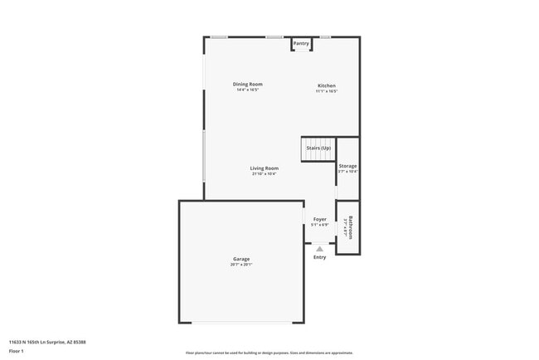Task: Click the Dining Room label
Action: [247, 85]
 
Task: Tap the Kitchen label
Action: [327, 85]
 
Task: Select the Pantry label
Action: [301, 43]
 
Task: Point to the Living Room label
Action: [264, 168]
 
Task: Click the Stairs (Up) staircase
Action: [318, 148]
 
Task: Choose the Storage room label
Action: [347, 166]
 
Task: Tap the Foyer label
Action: [319, 219]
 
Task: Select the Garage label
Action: [241, 260]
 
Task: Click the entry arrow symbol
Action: [319, 248]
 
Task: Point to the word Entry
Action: [319, 257]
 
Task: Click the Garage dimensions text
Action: [241, 265]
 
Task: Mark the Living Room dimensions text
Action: [264, 174]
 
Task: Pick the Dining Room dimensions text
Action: [247, 90]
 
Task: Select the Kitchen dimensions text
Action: [327, 91]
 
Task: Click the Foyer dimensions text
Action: [319, 225]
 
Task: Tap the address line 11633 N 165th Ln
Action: [47, 342]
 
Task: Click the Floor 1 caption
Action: [16, 351]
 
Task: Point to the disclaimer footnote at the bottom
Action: [269, 353]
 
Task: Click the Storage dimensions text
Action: [347, 172]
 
